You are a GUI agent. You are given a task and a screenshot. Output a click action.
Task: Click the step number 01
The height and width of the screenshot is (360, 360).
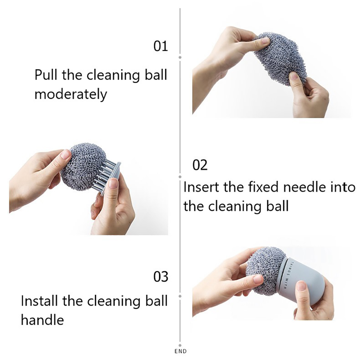(x=161, y=46)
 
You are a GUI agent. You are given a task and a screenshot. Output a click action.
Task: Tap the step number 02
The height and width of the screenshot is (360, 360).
(x=200, y=165)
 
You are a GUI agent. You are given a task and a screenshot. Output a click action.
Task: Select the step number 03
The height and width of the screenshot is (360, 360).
(x=161, y=277)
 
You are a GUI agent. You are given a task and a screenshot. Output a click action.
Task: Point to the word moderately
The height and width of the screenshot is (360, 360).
(x=71, y=94)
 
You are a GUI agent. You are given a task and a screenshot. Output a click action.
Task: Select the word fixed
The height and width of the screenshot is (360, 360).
(x=263, y=187)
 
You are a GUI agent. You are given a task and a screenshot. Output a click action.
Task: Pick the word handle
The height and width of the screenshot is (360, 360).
(x=42, y=320)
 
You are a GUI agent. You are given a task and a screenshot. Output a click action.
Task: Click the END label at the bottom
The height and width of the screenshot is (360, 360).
(x=180, y=351)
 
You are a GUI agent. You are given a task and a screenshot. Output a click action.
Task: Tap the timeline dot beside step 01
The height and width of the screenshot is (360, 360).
(x=180, y=57)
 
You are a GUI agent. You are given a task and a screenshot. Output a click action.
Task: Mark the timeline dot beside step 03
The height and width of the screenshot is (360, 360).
(x=180, y=296)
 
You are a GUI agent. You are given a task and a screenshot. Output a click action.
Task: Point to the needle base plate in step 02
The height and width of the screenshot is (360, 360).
(x=111, y=178)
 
